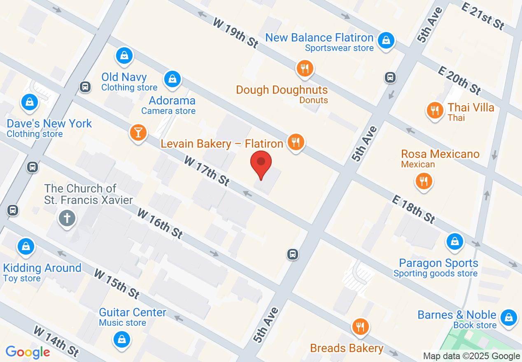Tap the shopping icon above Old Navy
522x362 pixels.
(x=124, y=56)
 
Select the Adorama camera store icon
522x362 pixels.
(x=172, y=79)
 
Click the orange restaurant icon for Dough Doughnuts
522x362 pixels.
(x=305, y=69)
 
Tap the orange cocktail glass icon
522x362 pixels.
(x=138, y=132)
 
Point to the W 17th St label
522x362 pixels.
(x=206, y=170)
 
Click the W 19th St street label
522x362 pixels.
(x=235, y=32)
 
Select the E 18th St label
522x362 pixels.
(x=413, y=209)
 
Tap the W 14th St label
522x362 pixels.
(x=56, y=341)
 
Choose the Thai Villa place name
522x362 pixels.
(x=471, y=107)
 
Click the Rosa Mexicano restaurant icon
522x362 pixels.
(x=424, y=181)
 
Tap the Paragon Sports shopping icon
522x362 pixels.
(x=454, y=241)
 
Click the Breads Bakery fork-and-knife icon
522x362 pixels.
(x=360, y=327)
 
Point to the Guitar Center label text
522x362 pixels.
(x=133, y=312)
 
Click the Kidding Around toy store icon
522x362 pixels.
(x=26, y=246)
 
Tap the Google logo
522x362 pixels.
(x=28, y=352)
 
